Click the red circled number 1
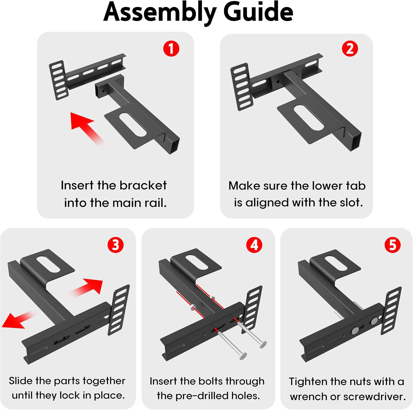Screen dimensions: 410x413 pos(171,49)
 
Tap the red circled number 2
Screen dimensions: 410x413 pos(350,49)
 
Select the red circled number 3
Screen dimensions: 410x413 pos(115,245)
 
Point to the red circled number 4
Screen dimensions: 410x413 pos(254,245)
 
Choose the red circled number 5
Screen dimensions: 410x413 pos(392,245)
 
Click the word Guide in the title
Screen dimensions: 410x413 pos(258,12)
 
